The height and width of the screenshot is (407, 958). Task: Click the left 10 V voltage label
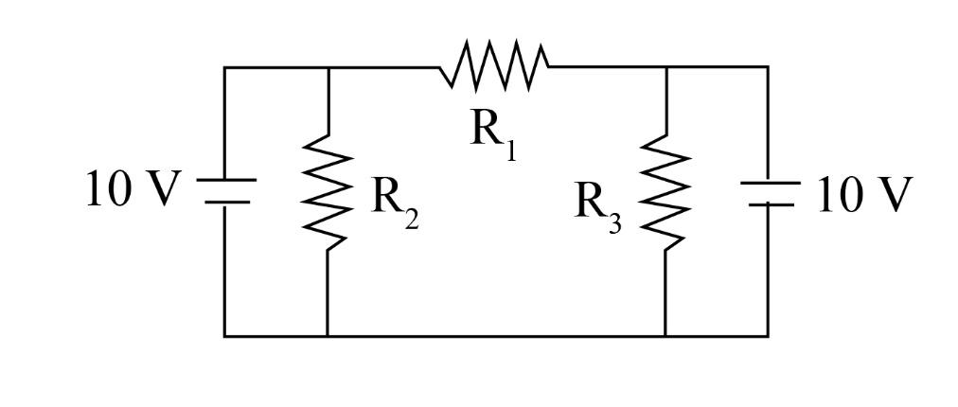coord(132,189)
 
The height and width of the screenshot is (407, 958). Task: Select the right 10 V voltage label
coord(864,195)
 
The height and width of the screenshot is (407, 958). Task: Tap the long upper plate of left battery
coord(224,180)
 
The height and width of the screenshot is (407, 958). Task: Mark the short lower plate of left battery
coord(224,202)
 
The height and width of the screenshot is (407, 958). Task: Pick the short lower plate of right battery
coord(768,203)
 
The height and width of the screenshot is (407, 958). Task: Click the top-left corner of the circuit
coord(224,67)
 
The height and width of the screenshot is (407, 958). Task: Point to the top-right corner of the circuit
coord(768,67)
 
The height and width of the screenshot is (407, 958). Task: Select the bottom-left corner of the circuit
coord(224,335)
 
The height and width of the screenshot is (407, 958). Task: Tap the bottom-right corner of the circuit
coord(768,335)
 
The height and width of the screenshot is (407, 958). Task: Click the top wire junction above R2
coord(327,67)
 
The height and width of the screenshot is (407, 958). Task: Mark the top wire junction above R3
coord(665,67)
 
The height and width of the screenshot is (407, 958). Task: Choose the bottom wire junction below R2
coord(327,335)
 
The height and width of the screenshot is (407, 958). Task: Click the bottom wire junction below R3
coord(665,335)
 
